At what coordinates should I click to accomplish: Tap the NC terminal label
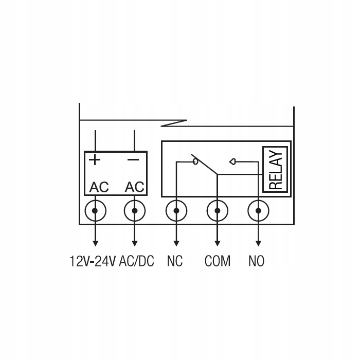(x=175, y=261)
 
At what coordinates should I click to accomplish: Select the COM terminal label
(x=217, y=261)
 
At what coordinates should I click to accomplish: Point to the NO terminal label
(x=256, y=261)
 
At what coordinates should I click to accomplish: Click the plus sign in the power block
(x=95, y=159)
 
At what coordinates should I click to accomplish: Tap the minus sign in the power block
(x=134, y=159)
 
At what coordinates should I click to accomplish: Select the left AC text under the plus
(x=99, y=187)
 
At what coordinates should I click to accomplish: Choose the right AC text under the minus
(x=135, y=187)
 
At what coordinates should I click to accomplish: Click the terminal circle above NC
(x=176, y=211)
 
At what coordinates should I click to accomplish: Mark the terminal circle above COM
(x=217, y=211)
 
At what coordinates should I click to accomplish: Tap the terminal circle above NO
(x=258, y=211)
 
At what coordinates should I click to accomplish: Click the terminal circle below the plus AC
(x=95, y=211)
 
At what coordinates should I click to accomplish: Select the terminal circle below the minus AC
(x=135, y=211)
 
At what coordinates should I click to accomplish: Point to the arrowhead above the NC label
(x=176, y=242)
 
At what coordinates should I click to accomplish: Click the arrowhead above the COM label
(x=217, y=242)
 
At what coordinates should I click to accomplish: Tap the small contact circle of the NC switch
(x=195, y=161)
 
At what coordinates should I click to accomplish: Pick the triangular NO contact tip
(x=233, y=161)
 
